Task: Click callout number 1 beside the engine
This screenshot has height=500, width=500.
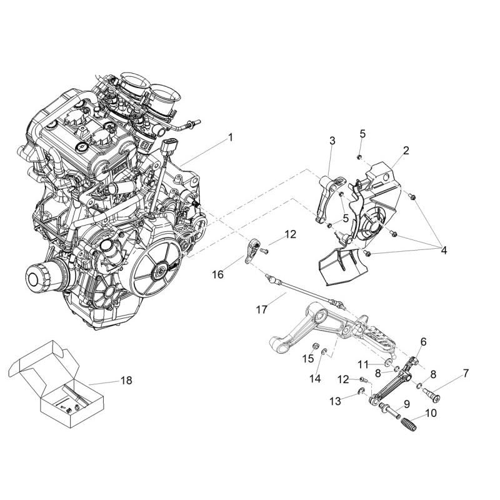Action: point(230,137)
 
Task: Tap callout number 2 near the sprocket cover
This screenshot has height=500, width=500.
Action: point(406,150)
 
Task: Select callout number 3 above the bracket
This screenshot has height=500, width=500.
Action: point(332,141)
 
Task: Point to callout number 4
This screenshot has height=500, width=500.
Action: point(444,251)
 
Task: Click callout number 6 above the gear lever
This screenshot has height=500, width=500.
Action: point(423,342)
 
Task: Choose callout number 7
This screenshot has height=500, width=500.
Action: point(466,373)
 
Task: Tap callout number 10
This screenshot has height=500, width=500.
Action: point(431,413)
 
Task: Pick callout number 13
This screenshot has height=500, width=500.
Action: point(336,401)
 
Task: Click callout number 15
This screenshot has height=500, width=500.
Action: point(308,358)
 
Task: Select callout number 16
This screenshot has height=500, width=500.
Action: point(218,274)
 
